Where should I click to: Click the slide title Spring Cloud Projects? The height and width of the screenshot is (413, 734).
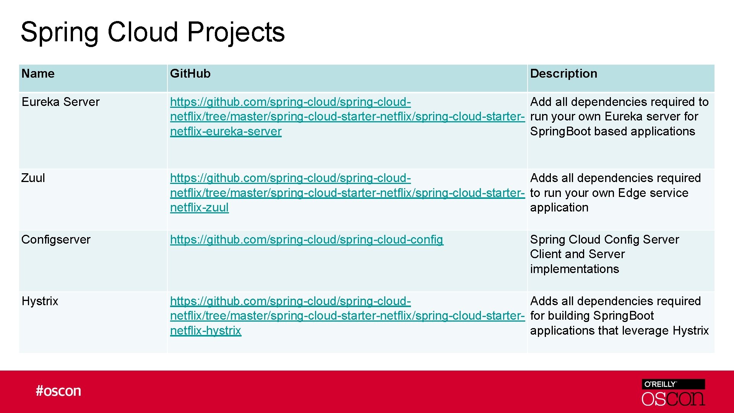coord(153,32)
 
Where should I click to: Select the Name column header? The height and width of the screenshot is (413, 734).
coord(38,73)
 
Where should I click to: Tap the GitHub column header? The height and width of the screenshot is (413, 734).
coord(190,73)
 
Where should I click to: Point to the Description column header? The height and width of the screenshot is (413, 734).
coord(563,73)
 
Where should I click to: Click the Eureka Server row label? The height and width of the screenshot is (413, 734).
coord(60,102)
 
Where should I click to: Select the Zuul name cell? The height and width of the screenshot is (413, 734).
coord(33,178)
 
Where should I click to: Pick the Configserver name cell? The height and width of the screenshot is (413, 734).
coord(56,239)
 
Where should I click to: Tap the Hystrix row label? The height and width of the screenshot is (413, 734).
coord(40,301)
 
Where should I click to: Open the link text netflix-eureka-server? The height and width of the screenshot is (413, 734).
coord(226,132)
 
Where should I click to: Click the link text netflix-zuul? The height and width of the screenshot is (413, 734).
coord(199,208)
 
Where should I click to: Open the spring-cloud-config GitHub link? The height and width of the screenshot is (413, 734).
coord(307,240)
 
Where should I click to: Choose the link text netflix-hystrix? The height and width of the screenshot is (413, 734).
coord(206,331)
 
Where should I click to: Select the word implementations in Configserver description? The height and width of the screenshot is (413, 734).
coord(574,269)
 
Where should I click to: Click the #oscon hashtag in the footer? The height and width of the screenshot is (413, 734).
coord(58,391)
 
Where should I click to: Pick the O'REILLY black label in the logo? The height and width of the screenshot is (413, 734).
coord(673,384)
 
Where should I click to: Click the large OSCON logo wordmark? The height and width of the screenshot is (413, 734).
coord(673,398)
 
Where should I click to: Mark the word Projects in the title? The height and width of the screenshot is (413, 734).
coord(236,32)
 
